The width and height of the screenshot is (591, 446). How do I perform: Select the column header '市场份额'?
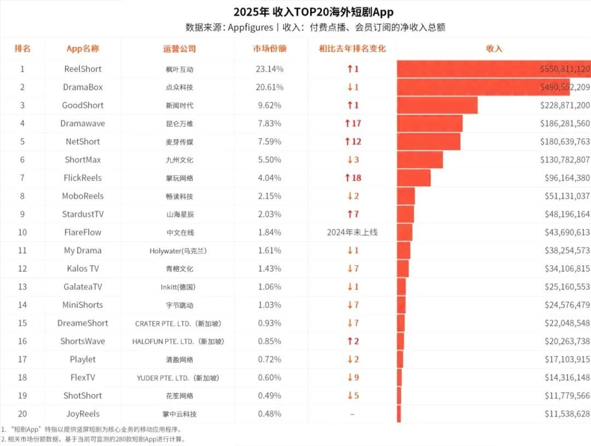point(269,48)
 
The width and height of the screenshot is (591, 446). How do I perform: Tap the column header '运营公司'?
point(179,48)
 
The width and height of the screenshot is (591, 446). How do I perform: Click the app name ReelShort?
point(83,69)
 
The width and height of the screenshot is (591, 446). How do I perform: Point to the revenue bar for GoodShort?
point(437,105)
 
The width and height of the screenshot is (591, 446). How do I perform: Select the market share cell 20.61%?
point(269,87)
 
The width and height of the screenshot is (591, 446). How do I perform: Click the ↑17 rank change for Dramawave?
point(352,123)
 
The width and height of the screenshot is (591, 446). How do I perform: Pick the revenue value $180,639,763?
point(563,141)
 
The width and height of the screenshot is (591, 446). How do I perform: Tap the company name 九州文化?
point(179,160)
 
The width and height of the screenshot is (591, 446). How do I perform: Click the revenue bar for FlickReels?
point(414,178)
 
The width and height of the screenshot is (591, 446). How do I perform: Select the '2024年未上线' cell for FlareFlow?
point(352,232)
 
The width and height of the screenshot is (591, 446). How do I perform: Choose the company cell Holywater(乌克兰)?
point(179,251)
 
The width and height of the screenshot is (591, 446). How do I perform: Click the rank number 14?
point(22,305)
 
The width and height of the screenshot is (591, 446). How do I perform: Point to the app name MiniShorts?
point(83,305)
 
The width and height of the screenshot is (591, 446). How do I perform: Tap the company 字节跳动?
point(179,305)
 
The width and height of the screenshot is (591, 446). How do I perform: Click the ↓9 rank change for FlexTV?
point(352,377)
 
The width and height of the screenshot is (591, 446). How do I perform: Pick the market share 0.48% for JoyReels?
point(269,414)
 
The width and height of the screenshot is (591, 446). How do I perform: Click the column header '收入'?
point(494,48)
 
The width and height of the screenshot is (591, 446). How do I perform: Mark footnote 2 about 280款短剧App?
point(93,439)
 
